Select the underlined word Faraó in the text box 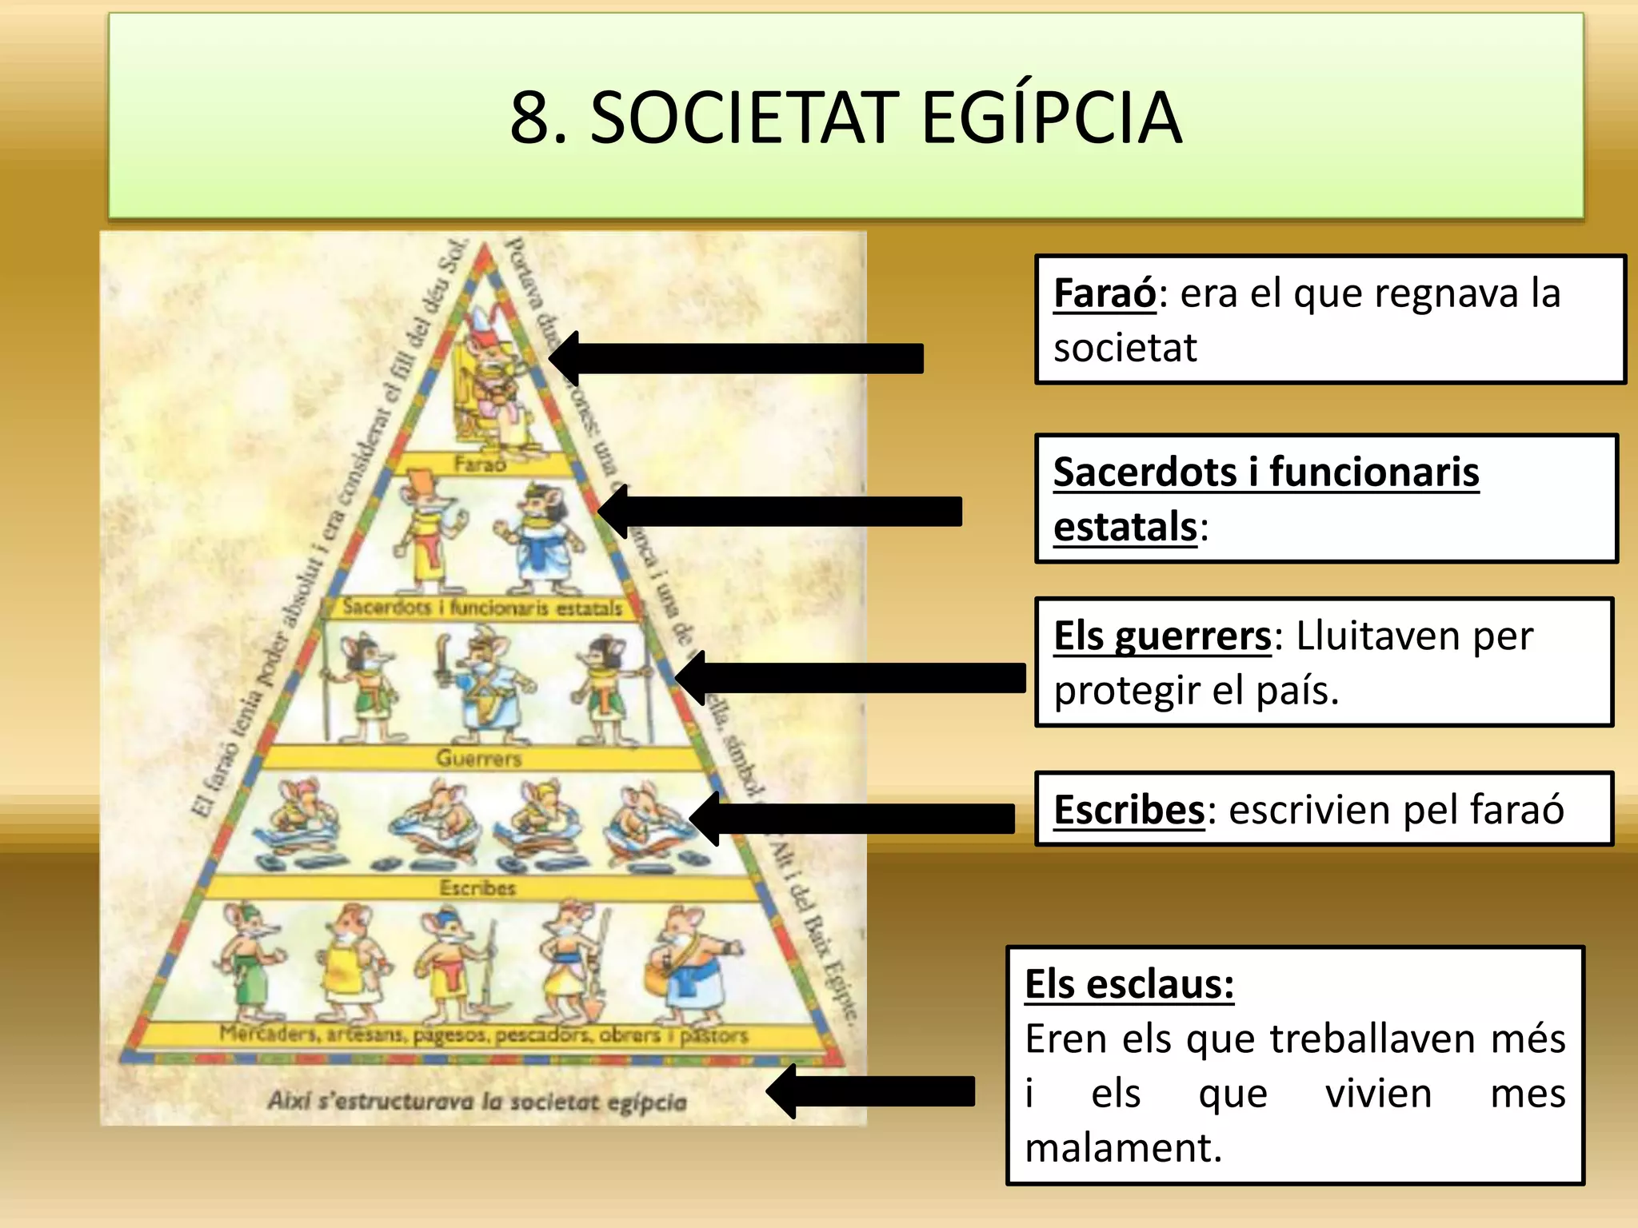click(1104, 293)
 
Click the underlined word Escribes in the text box click(1129, 809)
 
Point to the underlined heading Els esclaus click(1129, 983)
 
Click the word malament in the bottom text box click(1122, 1148)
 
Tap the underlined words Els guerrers click(1161, 636)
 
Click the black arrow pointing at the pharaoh click(736, 358)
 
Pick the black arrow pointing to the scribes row click(853, 819)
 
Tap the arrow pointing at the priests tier click(780, 512)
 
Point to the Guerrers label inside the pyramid click(478, 758)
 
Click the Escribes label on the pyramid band click(477, 887)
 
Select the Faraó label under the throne click(480, 464)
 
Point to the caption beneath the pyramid click(477, 1102)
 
